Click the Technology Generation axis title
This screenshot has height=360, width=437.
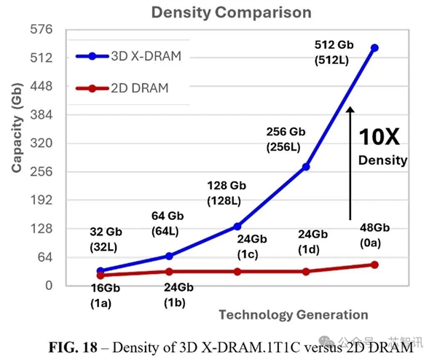[293, 315]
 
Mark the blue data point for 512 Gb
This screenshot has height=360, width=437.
[375, 48]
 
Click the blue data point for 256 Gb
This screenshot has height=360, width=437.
[306, 167]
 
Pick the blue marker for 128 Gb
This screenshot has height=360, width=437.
[237, 227]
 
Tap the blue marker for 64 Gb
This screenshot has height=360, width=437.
[169, 256]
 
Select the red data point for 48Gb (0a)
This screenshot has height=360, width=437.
[375, 265]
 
